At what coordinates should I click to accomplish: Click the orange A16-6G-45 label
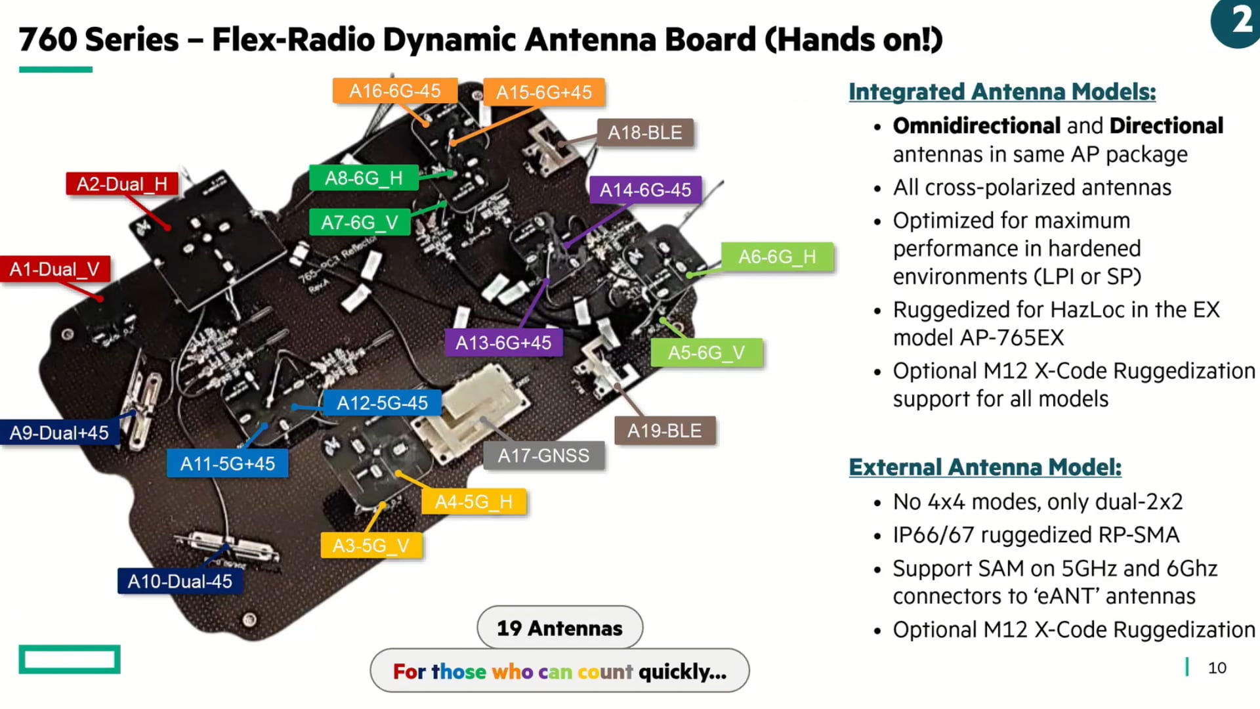[394, 91]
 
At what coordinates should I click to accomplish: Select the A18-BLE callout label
[644, 133]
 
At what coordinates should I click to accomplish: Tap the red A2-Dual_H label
[122, 184]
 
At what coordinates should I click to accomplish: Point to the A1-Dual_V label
[54, 269]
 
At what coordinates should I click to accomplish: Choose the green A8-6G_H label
[364, 178]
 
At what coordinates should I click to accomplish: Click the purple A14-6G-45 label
[645, 190]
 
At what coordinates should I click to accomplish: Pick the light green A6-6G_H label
[777, 257]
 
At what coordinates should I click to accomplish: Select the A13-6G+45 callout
[503, 343]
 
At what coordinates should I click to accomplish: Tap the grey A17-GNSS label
[543, 456]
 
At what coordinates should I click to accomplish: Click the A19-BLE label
[664, 431]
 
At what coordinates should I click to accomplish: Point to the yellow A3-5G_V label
[371, 546]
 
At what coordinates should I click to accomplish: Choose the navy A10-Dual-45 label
[180, 582]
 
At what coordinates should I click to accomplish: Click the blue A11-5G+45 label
[227, 464]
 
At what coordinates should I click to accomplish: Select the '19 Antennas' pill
[559, 628]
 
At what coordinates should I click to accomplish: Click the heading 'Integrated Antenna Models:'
[1001, 92]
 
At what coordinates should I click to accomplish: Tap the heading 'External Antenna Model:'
[984, 467]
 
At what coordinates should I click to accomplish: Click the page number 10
[1217, 668]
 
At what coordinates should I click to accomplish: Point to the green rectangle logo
[70, 659]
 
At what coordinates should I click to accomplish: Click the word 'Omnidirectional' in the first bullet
[976, 125]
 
